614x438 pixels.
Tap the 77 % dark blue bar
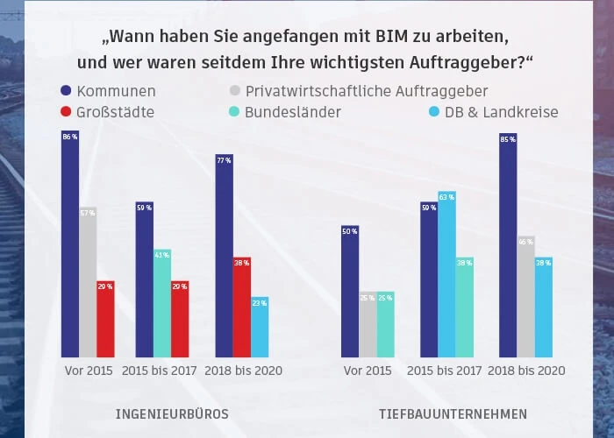click(224, 255)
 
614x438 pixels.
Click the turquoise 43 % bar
click(161, 302)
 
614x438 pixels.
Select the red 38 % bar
click(241, 307)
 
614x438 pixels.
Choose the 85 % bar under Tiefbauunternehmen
click(508, 244)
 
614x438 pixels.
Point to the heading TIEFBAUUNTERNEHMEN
click(453, 413)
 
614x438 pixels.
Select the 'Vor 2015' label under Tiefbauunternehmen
click(368, 371)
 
